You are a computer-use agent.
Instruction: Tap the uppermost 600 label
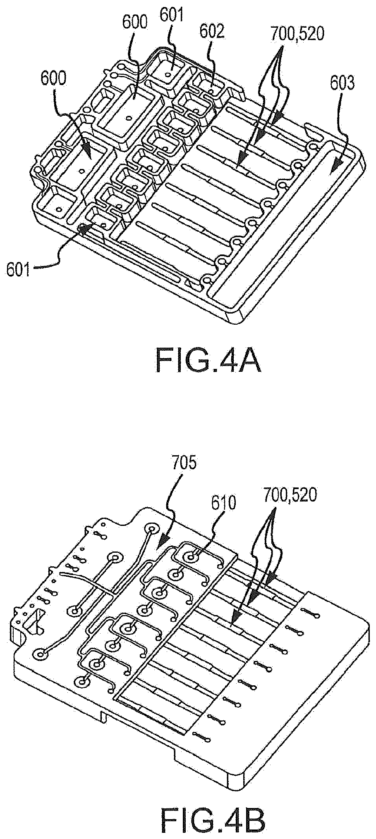click(134, 23)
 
